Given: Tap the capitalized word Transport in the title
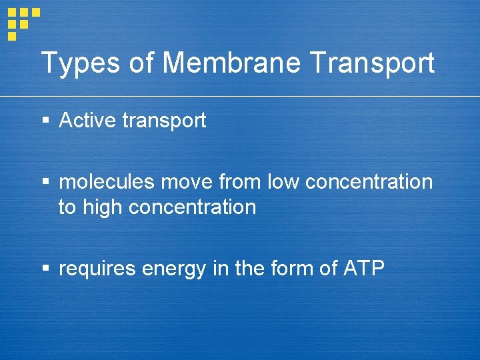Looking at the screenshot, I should click(x=373, y=64).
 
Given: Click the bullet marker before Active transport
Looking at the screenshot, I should click(x=45, y=121).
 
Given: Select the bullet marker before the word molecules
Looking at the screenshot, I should click(x=45, y=182).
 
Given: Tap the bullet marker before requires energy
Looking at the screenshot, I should click(x=45, y=269).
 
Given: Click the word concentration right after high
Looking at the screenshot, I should click(x=192, y=207).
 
